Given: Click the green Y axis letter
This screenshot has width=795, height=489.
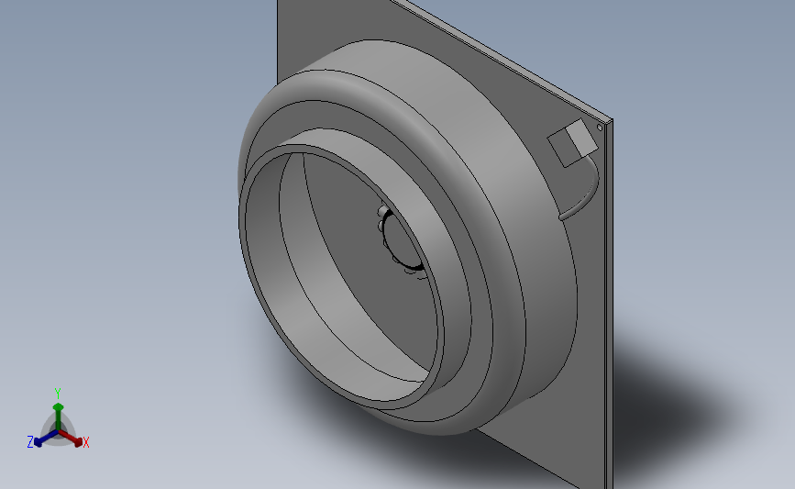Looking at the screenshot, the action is point(57,394).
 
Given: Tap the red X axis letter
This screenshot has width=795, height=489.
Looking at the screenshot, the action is point(85,442).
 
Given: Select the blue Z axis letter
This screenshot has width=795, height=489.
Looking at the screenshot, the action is point(30,442).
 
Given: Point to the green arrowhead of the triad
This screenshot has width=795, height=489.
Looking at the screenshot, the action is point(58,406).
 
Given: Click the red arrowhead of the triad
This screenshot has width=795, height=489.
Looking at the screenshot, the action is point(78,442).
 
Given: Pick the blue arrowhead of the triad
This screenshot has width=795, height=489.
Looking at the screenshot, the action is point(38,442).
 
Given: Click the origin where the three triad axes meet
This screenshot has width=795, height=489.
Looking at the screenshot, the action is point(58,432).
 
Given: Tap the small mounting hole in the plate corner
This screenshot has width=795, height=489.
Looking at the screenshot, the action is point(600,128).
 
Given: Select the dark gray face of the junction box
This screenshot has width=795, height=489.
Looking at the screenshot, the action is point(562,147).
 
